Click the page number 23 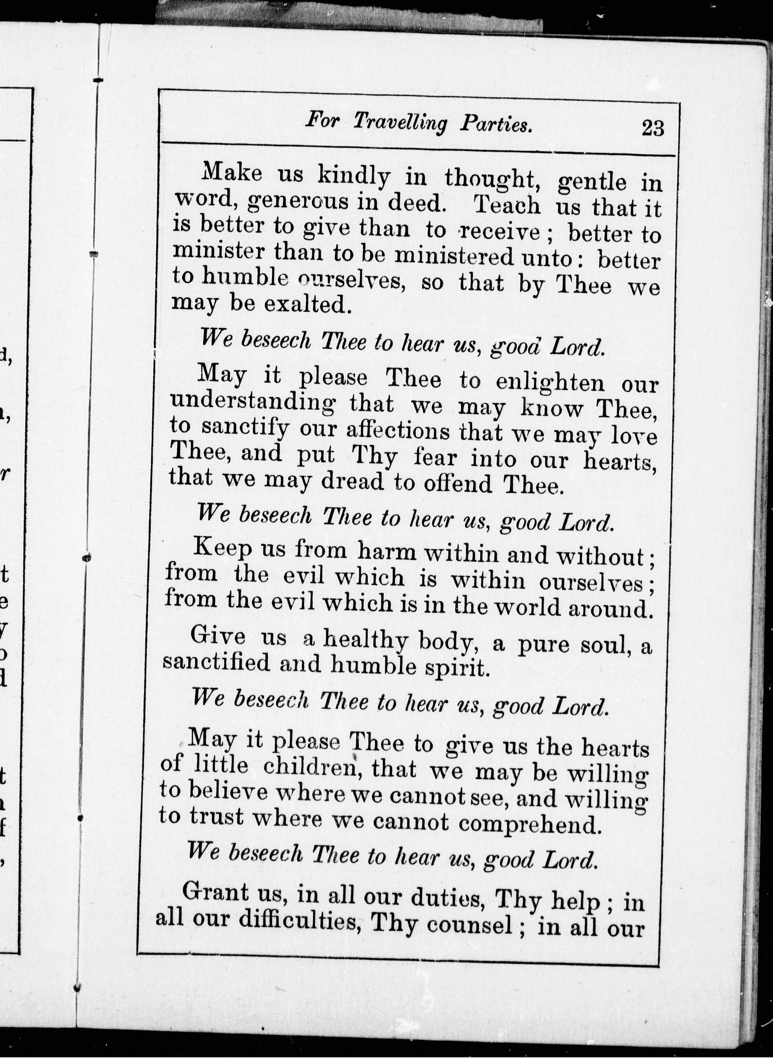click(x=653, y=127)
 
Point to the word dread click(x=352, y=482)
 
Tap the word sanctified click(x=216, y=663)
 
